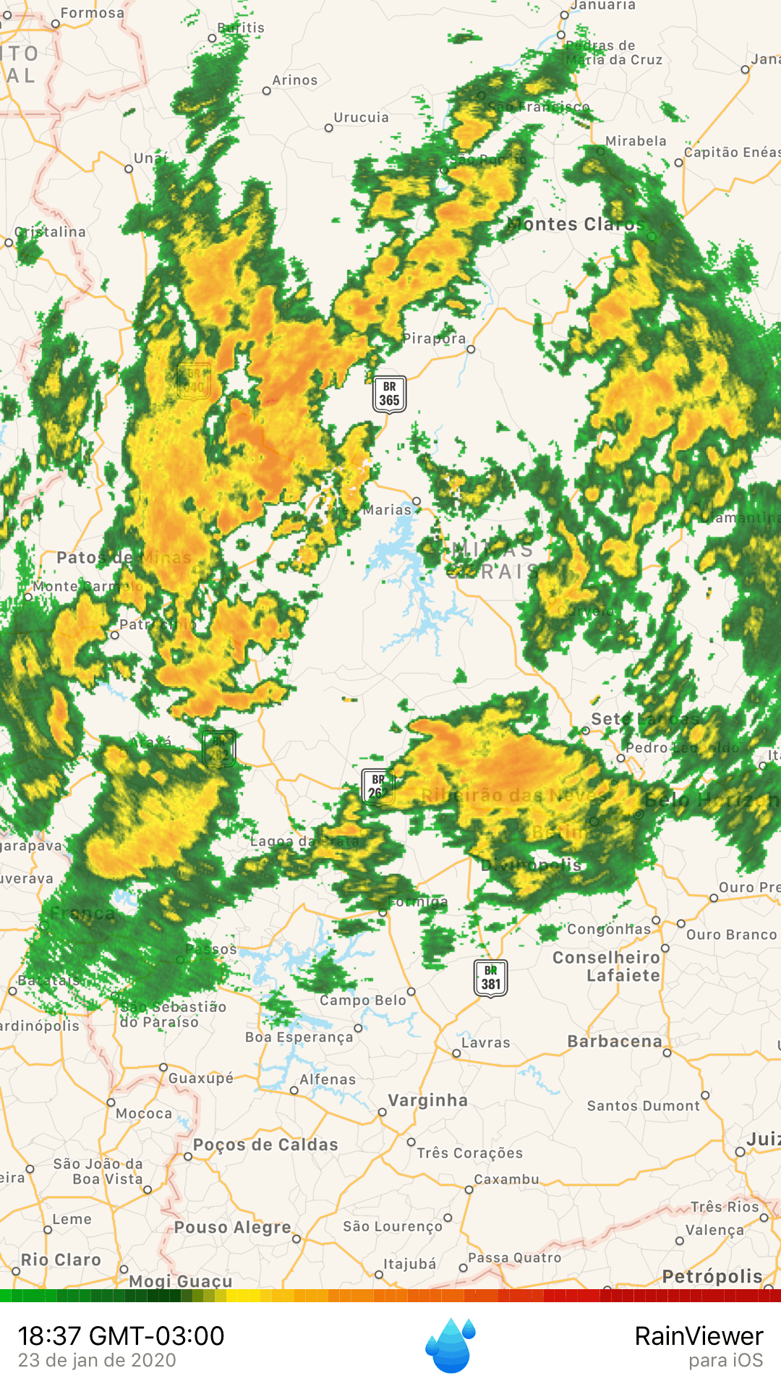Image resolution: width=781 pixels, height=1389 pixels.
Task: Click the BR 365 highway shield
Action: coord(389,394)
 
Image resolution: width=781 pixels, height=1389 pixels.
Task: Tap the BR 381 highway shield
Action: coord(490,978)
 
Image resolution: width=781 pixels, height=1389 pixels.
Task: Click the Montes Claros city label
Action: coord(575,224)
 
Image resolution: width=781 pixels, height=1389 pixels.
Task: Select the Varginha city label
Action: coord(427,1100)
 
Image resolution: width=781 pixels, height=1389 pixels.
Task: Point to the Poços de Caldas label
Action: coord(265,1144)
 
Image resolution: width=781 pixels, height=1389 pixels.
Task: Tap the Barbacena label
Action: coord(615,1041)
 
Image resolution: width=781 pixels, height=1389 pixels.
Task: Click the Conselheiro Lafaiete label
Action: coord(606,967)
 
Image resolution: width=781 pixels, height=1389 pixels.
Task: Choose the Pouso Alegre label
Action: coord(232,1228)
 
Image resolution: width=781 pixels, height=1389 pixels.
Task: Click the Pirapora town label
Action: coord(434,339)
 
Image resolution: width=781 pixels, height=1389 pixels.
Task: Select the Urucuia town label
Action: coord(361,117)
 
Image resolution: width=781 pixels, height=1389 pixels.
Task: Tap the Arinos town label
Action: coord(294,80)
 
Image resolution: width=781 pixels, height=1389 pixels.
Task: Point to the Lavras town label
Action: coord(485,1042)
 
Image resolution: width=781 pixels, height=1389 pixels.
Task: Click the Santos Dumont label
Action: coord(643,1105)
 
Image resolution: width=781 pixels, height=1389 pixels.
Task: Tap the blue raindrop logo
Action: coord(451,1345)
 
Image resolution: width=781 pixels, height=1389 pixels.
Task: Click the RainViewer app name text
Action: coord(699,1336)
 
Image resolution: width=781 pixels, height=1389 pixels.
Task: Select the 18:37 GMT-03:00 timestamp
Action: coord(121,1336)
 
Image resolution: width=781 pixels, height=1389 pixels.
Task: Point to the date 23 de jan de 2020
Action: coord(97,1361)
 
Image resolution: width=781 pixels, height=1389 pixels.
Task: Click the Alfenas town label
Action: coord(328,1079)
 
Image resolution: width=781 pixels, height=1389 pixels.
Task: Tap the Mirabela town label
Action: coord(636,141)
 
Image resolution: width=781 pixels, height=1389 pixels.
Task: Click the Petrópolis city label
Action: coord(712,1277)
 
